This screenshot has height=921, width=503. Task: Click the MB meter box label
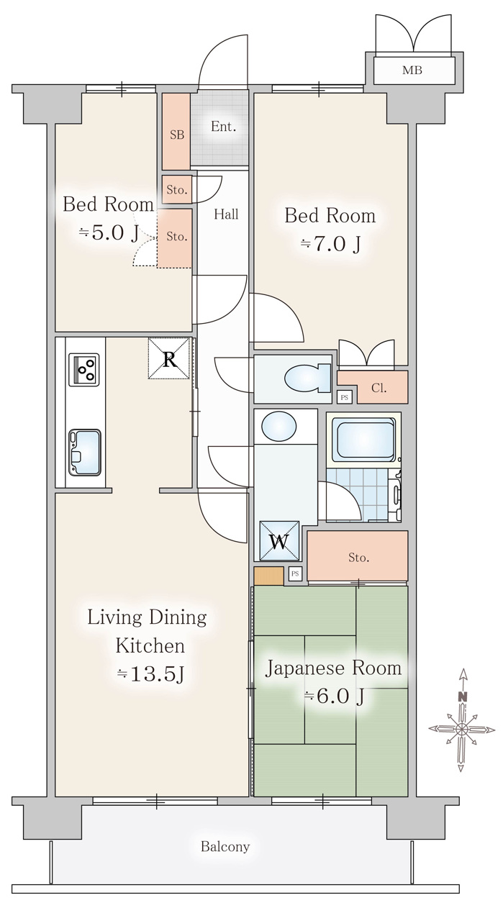pos(412,71)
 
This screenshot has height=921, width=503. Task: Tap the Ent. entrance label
pos(223,127)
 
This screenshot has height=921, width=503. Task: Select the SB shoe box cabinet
pos(176,132)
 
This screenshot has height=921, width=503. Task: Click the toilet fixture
pos(308,378)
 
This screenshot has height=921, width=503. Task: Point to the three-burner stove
pos(84,369)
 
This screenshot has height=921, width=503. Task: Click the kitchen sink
pos(85,453)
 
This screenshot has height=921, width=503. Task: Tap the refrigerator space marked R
pos(169,358)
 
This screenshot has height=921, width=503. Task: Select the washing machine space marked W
pos(280,541)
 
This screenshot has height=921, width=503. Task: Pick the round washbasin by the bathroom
pos(278,427)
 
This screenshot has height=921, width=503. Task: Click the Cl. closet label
pos(379,388)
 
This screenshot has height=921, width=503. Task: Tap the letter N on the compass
pos(463,697)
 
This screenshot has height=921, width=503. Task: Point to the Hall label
pos(226,214)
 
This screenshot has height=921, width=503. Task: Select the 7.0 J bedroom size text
pos(331,244)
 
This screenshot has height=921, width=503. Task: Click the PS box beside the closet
pos(344,397)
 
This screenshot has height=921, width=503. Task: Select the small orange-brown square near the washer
pos(268,576)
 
